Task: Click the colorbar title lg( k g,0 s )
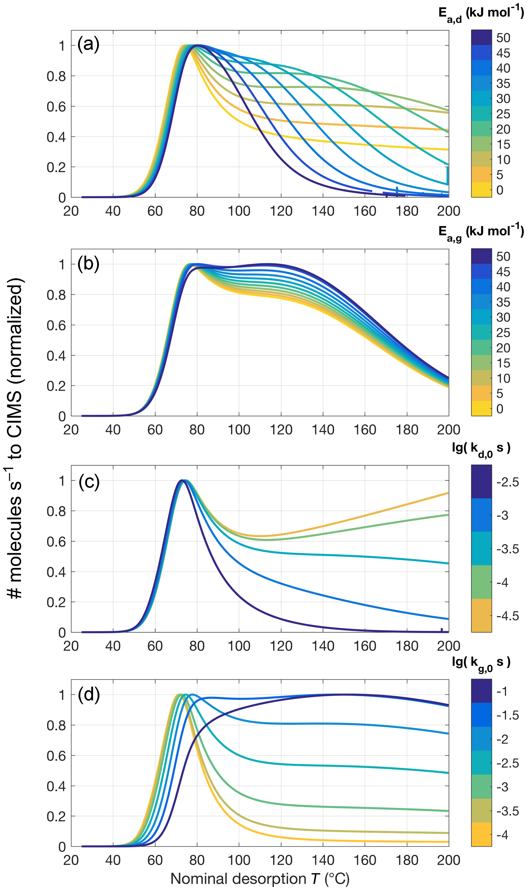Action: point(481,663)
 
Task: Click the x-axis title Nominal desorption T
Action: point(260,879)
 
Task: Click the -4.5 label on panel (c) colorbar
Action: point(507,616)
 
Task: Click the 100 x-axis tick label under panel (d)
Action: point(239,860)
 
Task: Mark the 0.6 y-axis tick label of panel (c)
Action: point(56,542)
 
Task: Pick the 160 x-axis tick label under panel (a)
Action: point(365,211)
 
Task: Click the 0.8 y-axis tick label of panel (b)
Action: point(56,295)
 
